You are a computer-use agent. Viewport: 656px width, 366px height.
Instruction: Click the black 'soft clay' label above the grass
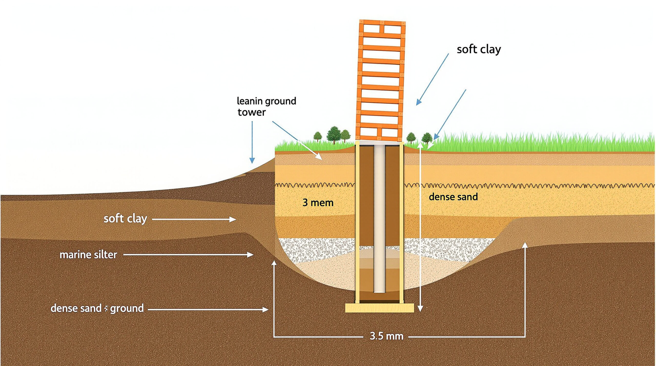(479, 49)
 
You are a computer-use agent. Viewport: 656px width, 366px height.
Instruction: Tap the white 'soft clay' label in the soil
(125, 219)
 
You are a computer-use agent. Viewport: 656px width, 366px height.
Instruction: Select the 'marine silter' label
(88, 255)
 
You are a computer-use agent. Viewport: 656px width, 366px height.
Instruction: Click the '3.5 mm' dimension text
(387, 336)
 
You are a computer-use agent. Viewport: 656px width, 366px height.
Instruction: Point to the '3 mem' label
(318, 203)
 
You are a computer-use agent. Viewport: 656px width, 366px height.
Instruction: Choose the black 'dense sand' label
(453, 197)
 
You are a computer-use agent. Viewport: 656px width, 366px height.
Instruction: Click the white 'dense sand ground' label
(97, 308)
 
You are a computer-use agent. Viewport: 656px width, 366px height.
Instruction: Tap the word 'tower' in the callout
(252, 112)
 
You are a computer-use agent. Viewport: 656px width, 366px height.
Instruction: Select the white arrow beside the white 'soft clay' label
(194, 219)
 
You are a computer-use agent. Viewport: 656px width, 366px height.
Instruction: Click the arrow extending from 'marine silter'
(188, 255)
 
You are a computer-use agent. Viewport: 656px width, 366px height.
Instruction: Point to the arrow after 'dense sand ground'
(208, 309)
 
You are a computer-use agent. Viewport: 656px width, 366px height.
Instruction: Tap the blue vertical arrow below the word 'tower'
(252, 142)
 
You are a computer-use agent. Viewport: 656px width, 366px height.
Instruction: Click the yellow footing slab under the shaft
(380, 308)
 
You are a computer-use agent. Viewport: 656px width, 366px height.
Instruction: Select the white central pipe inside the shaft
(380, 219)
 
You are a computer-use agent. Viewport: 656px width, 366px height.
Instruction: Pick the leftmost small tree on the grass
(318, 137)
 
